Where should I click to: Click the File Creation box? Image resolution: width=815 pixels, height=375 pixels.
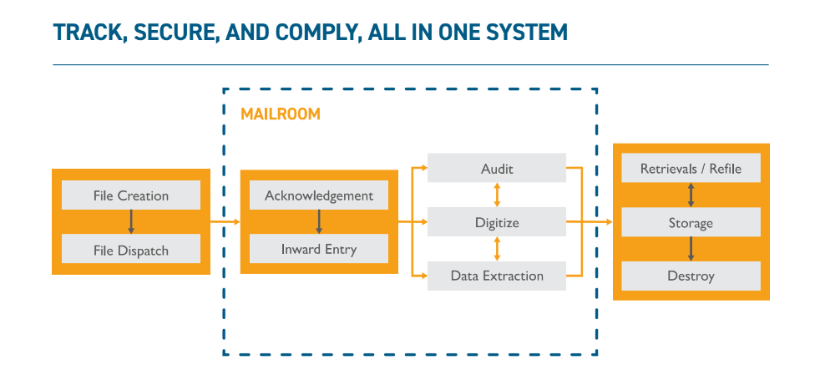131,195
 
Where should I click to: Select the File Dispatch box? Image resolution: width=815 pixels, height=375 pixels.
131,249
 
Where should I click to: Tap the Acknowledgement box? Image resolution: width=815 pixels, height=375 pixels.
318,195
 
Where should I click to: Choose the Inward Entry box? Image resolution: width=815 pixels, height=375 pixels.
318,249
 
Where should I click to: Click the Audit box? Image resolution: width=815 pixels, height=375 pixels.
497,169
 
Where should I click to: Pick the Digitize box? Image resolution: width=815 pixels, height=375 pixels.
497,222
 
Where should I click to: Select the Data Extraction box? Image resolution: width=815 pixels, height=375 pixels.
497,276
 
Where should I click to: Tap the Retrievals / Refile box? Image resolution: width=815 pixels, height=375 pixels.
691,169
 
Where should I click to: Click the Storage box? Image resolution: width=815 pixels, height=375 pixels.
691,223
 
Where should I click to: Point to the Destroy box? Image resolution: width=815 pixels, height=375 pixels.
691,276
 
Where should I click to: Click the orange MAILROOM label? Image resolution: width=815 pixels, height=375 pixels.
281,114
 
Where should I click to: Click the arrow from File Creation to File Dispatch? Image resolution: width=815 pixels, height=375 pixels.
131,222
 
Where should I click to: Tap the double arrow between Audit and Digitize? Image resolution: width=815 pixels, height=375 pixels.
498,195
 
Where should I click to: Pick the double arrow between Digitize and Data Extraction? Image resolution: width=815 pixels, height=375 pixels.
498,249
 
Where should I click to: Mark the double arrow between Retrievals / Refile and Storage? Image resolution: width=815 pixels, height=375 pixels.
691,195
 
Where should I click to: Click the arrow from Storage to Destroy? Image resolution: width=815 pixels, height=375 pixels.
691,249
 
